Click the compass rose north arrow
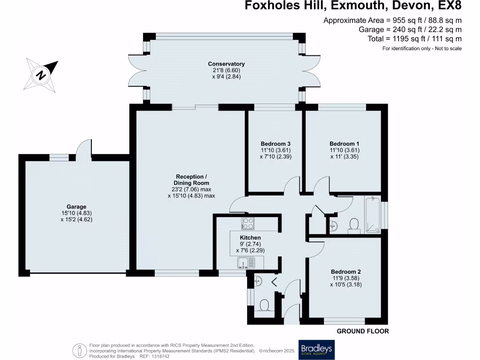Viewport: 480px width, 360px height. [42, 74]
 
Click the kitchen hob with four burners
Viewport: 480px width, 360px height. [247, 222]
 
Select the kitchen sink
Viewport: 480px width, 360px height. [246, 262]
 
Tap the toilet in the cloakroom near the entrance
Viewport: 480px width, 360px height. [263, 306]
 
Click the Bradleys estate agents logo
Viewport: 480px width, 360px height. [316, 350]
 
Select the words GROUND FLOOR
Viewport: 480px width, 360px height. [363, 331]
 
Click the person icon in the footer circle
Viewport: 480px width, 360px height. [79, 350]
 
